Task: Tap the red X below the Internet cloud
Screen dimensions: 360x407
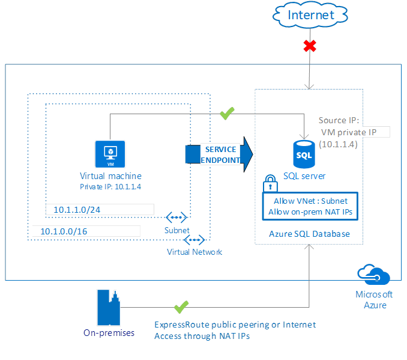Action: pyautogui.click(x=310, y=45)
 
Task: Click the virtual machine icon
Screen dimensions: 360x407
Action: pyautogui.click(x=110, y=154)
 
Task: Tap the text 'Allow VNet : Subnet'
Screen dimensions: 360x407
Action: pyautogui.click(x=310, y=201)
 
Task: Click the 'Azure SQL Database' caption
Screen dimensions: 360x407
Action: pyautogui.click(x=310, y=233)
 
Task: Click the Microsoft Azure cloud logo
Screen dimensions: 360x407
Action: pyautogui.click(x=373, y=275)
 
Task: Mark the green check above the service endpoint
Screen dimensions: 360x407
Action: pyautogui.click(x=227, y=113)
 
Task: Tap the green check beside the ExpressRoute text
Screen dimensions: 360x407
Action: pyautogui.click(x=181, y=307)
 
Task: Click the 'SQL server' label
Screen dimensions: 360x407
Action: pyautogui.click(x=305, y=176)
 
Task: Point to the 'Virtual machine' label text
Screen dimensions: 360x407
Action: pyautogui.click(x=111, y=176)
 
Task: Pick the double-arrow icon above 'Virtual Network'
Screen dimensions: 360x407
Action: pyautogui.click(x=194, y=240)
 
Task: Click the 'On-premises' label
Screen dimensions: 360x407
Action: pyautogui.click(x=109, y=332)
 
